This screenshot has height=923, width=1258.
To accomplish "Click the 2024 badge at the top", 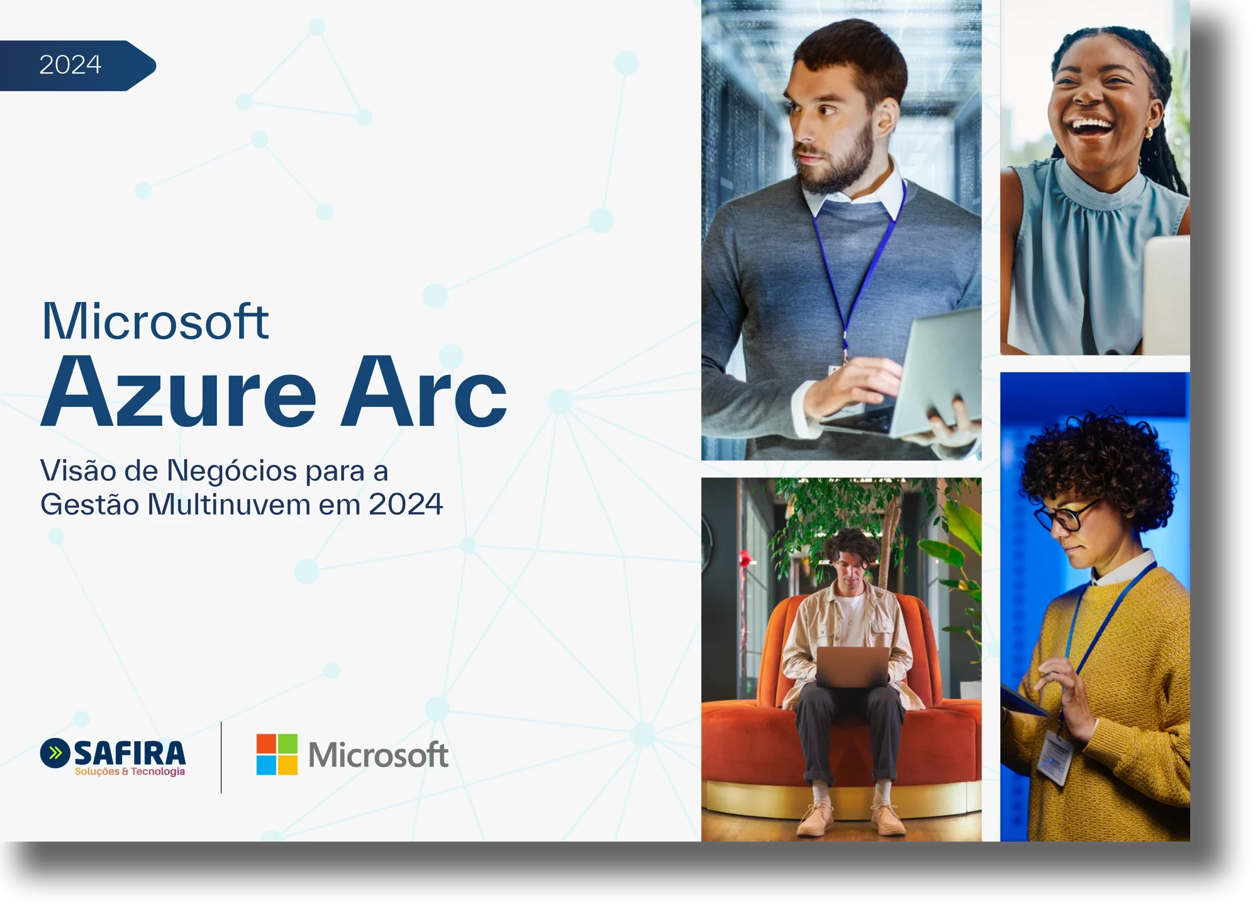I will pyautogui.click(x=71, y=65).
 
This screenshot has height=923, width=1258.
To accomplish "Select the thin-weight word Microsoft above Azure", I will pyautogui.click(x=155, y=322).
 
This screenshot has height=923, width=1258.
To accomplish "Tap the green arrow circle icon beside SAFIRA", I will pyautogui.click(x=55, y=753).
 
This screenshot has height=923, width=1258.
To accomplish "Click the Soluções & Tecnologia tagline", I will pyautogui.click(x=130, y=772).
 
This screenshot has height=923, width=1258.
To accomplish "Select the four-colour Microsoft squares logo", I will pyautogui.click(x=277, y=754).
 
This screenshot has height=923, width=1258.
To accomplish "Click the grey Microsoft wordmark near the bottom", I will pyautogui.click(x=378, y=755).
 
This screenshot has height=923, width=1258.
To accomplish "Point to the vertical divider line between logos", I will pyautogui.click(x=221, y=757).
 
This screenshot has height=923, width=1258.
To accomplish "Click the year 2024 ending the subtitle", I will pyautogui.click(x=406, y=505).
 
